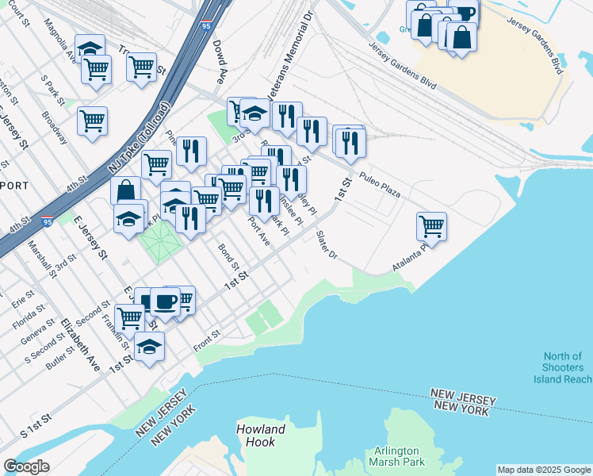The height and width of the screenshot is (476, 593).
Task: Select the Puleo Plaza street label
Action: (x=379, y=183)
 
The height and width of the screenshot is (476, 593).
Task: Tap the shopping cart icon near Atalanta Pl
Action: (x=431, y=225)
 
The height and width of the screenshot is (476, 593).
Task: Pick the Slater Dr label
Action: (x=327, y=244)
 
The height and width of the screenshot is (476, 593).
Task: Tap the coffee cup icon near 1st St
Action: (x=166, y=301)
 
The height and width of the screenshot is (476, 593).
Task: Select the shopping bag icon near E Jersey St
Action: (x=125, y=190)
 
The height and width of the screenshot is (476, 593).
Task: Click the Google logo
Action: (x=26, y=466)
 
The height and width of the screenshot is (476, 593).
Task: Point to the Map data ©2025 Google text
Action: (x=544, y=470)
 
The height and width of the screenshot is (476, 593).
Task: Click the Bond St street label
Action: (x=229, y=255)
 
